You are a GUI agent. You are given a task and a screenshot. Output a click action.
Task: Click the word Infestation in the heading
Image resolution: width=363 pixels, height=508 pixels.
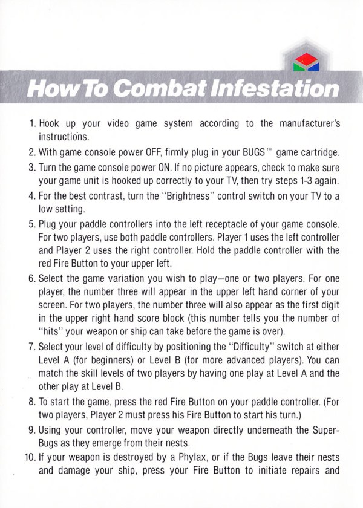[275, 88]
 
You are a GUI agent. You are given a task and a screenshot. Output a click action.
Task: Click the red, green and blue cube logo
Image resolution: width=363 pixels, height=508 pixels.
[306, 62]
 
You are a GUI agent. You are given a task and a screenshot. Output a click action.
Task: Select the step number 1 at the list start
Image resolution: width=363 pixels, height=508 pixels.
[32, 123]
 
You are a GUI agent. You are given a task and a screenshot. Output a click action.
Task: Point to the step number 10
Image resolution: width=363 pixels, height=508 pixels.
[30, 457]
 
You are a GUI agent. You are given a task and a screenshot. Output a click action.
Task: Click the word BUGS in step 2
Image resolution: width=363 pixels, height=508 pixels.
[253, 152]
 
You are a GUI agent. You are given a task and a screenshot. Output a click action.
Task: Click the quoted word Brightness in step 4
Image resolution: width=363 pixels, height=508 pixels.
[188, 196]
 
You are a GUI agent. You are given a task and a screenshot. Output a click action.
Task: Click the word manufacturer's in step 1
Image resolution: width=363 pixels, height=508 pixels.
[310, 123]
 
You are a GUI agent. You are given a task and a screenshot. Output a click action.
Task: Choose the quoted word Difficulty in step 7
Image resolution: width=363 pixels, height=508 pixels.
[251, 347]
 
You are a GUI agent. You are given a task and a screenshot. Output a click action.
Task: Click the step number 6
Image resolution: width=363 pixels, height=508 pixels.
[31, 279]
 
